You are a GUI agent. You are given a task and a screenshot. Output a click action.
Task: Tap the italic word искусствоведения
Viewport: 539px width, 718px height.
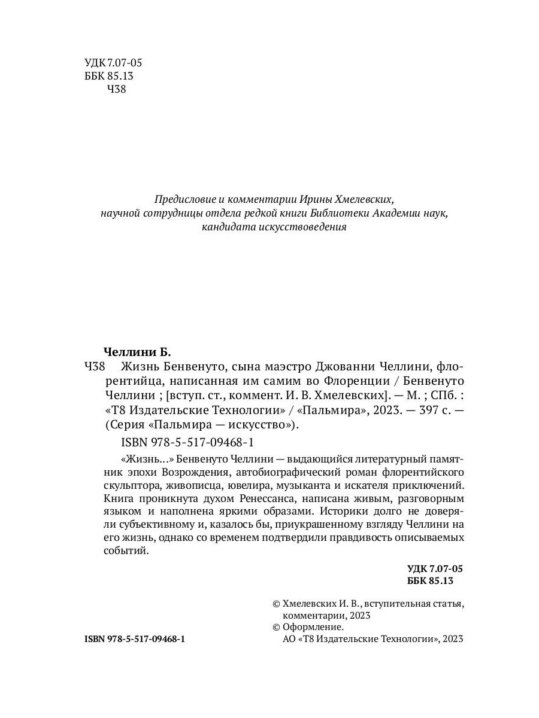tap(307, 227)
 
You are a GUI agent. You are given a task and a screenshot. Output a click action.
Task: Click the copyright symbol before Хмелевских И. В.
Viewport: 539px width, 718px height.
tap(276, 604)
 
